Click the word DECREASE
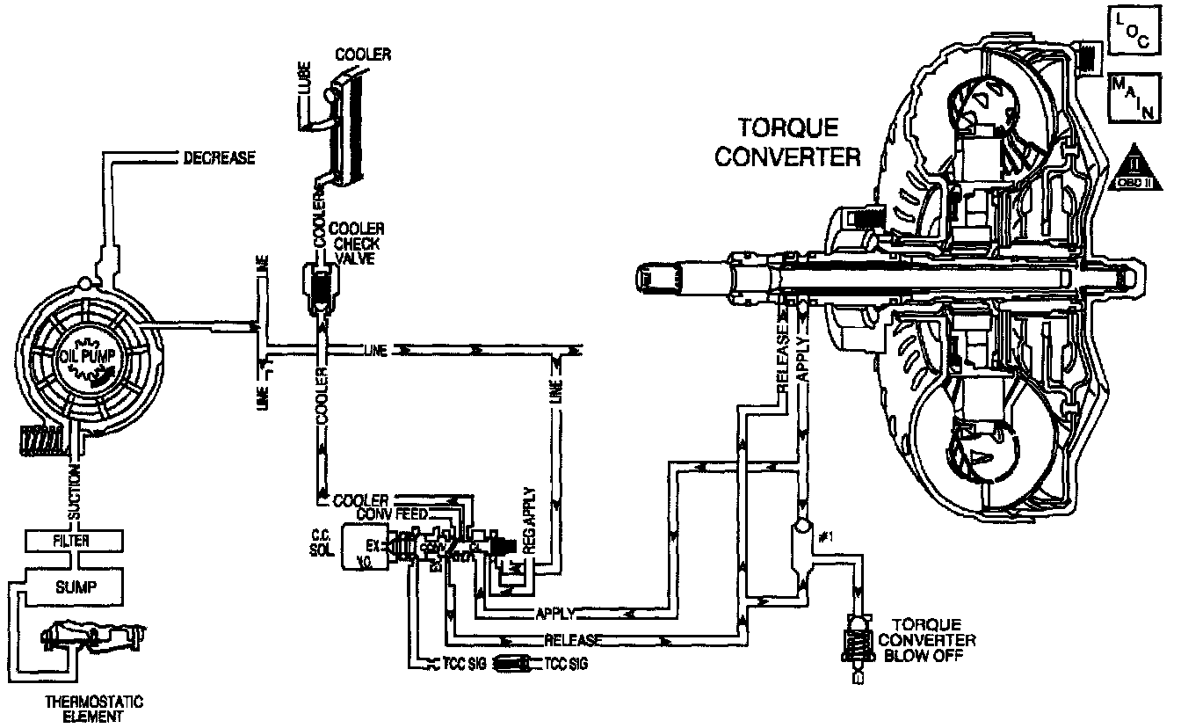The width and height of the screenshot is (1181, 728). coord(219,158)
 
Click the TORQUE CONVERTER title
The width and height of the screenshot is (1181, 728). coord(786,142)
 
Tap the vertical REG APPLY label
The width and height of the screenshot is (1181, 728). coord(528,520)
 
